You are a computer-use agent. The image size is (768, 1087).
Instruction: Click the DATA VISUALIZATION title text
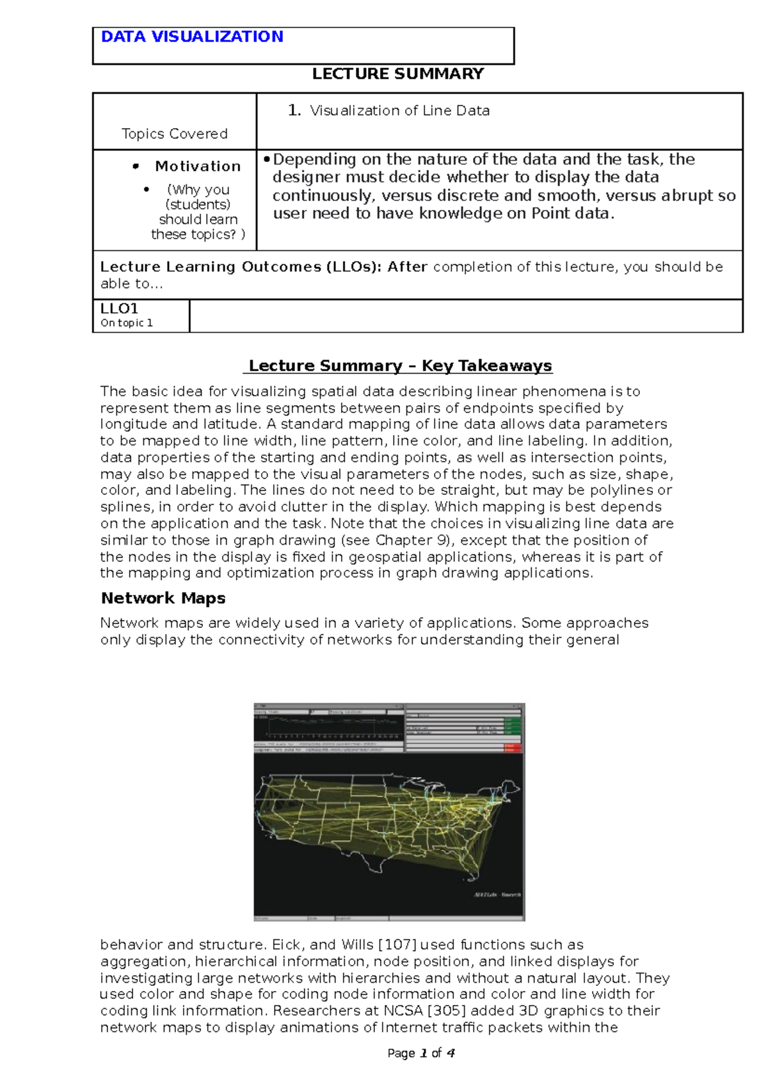pyautogui.click(x=192, y=37)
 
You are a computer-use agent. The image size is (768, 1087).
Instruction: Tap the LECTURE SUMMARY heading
pyautogui.click(x=397, y=74)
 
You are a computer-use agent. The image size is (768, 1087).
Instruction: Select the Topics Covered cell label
pyautogui.click(x=174, y=134)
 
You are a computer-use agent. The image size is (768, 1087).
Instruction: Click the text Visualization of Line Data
pyautogui.click(x=399, y=111)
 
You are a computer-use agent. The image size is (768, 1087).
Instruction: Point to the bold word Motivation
pyautogui.click(x=198, y=166)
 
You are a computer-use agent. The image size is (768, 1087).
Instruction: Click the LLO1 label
pyautogui.click(x=119, y=309)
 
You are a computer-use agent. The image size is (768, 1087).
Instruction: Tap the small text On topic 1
pyautogui.click(x=126, y=323)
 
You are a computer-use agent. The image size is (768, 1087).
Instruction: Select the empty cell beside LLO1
pyautogui.click(x=465, y=316)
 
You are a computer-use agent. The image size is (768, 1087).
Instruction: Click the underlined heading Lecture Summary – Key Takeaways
pyautogui.click(x=400, y=366)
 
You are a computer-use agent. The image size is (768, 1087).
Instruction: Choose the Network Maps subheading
pyautogui.click(x=163, y=599)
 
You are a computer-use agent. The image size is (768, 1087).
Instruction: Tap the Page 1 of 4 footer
pyautogui.click(x=420, y=1053)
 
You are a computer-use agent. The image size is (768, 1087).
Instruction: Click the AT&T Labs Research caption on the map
pyautogui.click(x=497, y=894)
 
